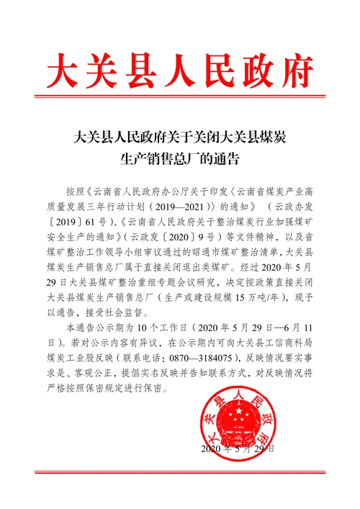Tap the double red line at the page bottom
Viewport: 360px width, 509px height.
(x=180, y=471)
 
